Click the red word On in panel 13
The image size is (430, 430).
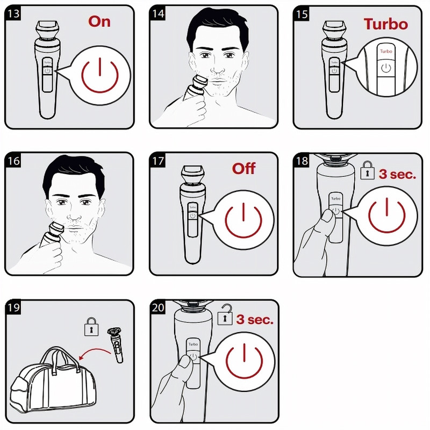coord(99,21)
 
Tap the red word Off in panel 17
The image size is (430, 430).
coord(243,168)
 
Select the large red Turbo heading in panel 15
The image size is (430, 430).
coord(386,24)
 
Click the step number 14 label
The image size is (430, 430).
coord(158,13)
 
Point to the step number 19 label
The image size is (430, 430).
coord(13,307)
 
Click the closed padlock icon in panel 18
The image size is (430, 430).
coord(367,170)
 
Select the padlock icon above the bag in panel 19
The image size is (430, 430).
coord(91,326)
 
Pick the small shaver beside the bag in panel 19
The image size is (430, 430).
coord(116,345)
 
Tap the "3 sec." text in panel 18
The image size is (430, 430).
coord(397,174)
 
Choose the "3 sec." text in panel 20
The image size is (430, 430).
coord(255,319)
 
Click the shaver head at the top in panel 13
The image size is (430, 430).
coord(47,30)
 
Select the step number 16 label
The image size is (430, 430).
coord(13,160)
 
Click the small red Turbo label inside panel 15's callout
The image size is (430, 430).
coord(386,51)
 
